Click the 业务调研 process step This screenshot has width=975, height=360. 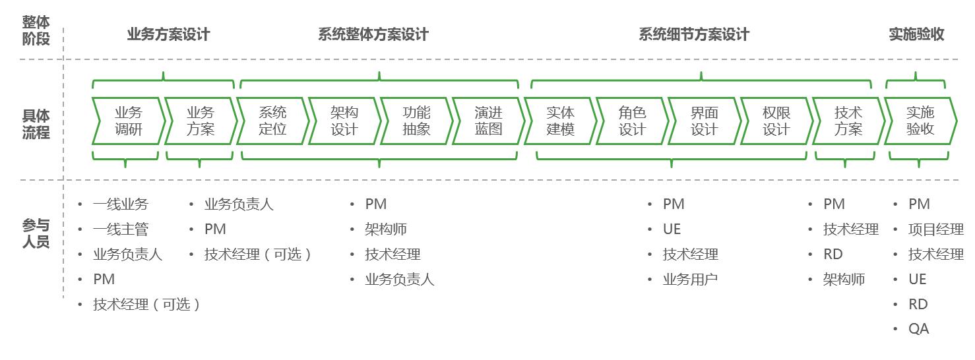128,121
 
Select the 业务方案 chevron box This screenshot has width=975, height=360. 200,121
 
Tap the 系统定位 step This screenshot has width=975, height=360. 272,121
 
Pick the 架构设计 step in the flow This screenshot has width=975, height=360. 344,121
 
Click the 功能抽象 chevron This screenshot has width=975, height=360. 416,121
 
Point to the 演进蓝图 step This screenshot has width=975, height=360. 488,121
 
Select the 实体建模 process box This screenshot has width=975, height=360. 560,121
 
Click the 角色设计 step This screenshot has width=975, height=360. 632,121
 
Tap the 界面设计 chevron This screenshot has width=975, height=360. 704,121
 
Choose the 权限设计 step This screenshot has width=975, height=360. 776,121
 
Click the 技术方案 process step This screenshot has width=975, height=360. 848,121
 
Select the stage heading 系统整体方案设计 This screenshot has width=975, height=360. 373,34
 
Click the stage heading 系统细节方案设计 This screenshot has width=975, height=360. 694,34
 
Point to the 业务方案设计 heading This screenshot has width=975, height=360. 168,34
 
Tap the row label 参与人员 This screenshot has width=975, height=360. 36,233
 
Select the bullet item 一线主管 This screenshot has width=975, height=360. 121,229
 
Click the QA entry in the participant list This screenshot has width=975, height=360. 918,329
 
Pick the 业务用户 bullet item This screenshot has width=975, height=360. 690,280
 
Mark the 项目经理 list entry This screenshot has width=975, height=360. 935,229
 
